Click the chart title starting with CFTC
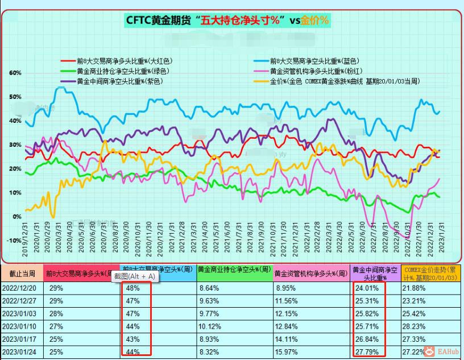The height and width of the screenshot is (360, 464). (227, 20)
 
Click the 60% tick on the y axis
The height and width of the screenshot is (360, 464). (15, 73)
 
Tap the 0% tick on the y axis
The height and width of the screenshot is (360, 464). (17, 217)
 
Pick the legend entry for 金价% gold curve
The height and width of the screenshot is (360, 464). (344, 81)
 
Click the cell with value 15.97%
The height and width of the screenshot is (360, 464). (286, 352)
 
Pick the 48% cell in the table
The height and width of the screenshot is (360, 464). (132, 288)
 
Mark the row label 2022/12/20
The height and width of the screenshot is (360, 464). (19, 288)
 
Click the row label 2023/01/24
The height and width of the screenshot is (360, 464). (19, 352)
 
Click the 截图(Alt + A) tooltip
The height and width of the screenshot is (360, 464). (135, 276)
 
